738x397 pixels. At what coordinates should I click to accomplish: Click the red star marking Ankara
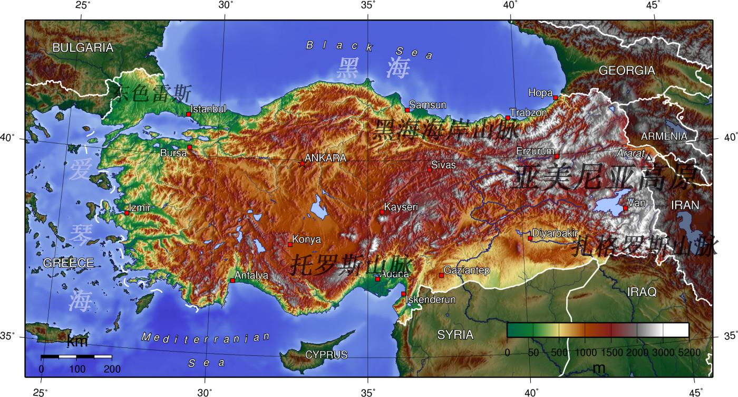click(x=302, y=164)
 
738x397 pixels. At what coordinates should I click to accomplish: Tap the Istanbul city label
click(x=208, y=109)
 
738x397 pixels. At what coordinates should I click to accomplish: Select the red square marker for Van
click(x=625, y=208)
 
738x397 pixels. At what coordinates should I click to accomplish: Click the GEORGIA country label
click(x=627, y=70)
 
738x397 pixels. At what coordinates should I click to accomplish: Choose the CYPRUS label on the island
click(x=326, y=355)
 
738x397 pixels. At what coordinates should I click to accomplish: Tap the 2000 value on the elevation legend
click(x=637, y=352)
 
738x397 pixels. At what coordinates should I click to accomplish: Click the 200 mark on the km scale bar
click(x=112, y=369)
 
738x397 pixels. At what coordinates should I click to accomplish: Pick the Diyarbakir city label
click(x=555, y=233)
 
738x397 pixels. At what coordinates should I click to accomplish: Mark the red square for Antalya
click(x=232, y=280)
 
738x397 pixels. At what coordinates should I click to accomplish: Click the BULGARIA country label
click(x=83, y=48)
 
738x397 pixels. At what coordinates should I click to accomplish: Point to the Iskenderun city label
click(x=431, y=300)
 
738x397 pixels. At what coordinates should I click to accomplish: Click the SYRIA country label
click(x=455, y=335)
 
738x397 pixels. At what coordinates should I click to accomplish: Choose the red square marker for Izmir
click(x=127, y=213)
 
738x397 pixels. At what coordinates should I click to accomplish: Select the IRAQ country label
click(x=642, y=291)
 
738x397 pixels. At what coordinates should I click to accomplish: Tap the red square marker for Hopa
click(x=556, y=98)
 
